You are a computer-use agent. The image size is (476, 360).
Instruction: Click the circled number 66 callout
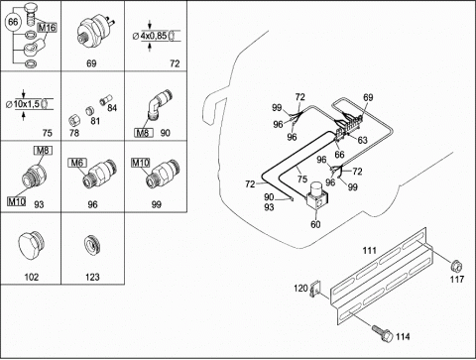point(13,22)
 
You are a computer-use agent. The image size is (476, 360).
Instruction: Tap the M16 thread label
point(47,28)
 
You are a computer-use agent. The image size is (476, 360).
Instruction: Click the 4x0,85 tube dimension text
point(154,36)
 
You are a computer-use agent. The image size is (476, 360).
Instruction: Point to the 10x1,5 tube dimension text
point(27,104)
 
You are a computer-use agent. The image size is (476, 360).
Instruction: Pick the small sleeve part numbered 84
point(106,99)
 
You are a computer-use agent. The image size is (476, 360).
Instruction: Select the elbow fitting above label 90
point(159,106)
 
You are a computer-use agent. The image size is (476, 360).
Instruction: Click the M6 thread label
point(77,163)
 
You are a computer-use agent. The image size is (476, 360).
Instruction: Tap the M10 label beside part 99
point(141,163)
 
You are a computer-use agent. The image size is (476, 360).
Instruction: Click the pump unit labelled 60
point(316,196)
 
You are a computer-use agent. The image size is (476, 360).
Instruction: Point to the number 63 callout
point(362,140)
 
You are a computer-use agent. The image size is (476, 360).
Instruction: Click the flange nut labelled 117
point(456,266)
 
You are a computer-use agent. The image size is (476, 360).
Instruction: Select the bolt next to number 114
point(382,333)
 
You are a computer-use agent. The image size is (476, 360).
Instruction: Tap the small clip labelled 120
point(315,290)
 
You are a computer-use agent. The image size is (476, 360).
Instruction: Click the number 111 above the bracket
point(370,251)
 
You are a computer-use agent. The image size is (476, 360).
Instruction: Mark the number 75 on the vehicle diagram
point(302,179)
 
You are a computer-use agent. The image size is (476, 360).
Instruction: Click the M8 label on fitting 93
point(43,151)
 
